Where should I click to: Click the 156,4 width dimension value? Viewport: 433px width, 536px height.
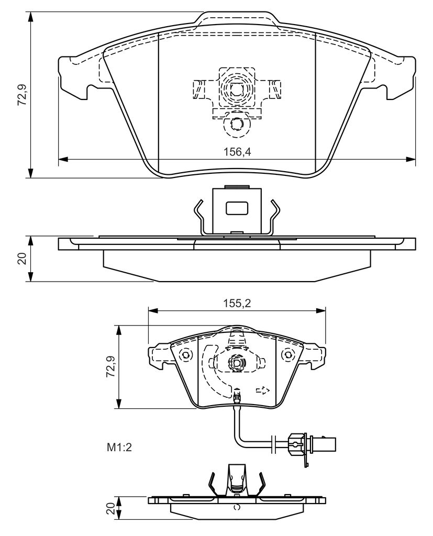(237, 152)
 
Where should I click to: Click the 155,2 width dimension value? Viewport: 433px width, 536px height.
(237, 303)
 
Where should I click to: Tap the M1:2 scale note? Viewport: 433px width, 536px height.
(119, 448)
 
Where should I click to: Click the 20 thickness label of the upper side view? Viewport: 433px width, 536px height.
(23, 259)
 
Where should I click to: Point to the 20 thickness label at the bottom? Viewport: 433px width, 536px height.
(110, 508)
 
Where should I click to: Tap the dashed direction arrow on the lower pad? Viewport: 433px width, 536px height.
(263, 390)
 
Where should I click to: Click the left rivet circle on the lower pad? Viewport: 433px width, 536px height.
(186, 355)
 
